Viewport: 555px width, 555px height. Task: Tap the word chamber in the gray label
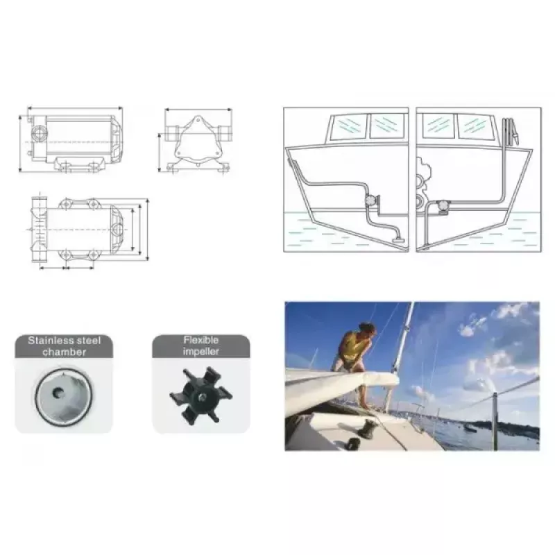[64, 352]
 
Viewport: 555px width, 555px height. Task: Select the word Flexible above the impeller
[201, 340]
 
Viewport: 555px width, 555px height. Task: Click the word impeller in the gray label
[201, 352]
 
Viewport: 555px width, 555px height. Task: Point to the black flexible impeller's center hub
[201, 396]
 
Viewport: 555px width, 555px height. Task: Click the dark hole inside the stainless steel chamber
[58, 392]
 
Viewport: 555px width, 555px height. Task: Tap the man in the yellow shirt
[357, 361]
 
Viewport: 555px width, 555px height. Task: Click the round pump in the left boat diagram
[370, 200]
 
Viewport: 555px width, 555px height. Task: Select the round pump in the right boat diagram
[443, 205]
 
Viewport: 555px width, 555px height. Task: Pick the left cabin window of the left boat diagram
[348, 126]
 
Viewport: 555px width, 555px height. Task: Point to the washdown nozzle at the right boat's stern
[511, 132]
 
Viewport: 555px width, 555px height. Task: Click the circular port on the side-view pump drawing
[37, 133]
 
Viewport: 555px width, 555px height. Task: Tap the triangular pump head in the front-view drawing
[198, 140]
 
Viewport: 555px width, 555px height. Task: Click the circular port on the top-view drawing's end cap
[117, 230]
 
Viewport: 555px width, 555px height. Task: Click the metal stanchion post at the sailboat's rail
[495, 421]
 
